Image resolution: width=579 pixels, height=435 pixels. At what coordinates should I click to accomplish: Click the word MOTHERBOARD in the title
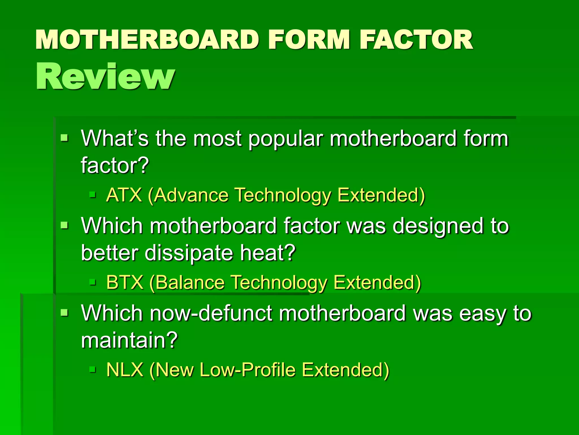[147, 40]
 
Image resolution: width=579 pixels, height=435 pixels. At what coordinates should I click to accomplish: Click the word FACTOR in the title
[416, 40]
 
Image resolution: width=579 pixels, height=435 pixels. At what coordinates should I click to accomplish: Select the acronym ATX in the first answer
[124, 195]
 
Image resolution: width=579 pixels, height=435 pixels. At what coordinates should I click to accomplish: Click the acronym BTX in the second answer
[125, 282]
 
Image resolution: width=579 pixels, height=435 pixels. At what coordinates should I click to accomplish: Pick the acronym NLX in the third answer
[125, 370]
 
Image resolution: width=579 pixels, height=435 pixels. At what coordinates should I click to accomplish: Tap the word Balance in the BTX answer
[190, 282]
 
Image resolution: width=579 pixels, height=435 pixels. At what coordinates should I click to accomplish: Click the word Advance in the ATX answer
[191, 195]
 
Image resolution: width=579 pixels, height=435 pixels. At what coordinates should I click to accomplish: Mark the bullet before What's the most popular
[64, 138]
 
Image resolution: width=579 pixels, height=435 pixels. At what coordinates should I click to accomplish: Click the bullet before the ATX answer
[92, 195]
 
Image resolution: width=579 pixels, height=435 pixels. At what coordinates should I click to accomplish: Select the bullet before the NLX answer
[92, 369]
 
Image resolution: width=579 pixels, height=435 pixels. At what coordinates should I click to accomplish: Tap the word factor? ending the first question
[115, 165]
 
